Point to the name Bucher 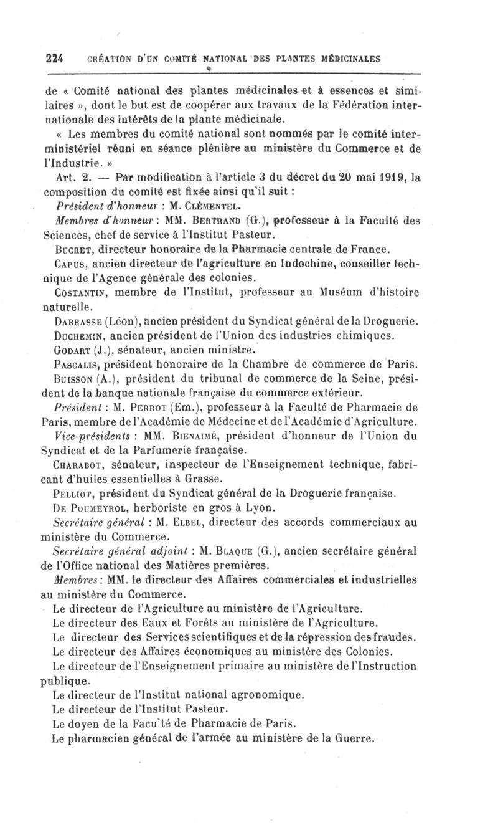tap(72, 250)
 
